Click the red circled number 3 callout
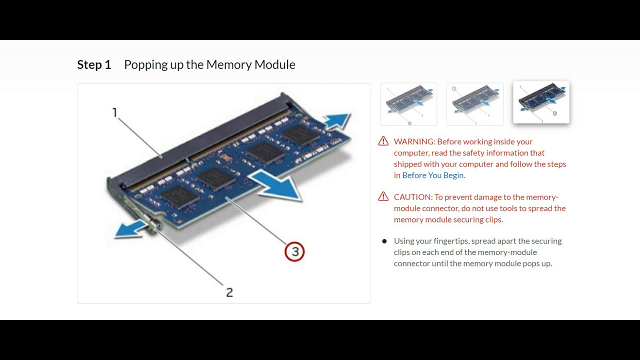(294, 251)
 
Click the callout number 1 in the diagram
(114, 112)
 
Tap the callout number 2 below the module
(229, 292)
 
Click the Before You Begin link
(433, 175)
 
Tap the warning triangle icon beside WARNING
(383, 141)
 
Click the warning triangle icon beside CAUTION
(383, 196)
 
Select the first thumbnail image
(408, 104)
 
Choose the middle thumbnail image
(474, 104)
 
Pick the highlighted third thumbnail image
(541, 102)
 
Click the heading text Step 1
(94, 64)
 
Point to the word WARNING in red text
(413, 141)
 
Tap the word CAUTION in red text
(412, 197)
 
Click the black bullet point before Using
(384, 241)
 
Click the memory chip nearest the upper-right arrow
(299, 134)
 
